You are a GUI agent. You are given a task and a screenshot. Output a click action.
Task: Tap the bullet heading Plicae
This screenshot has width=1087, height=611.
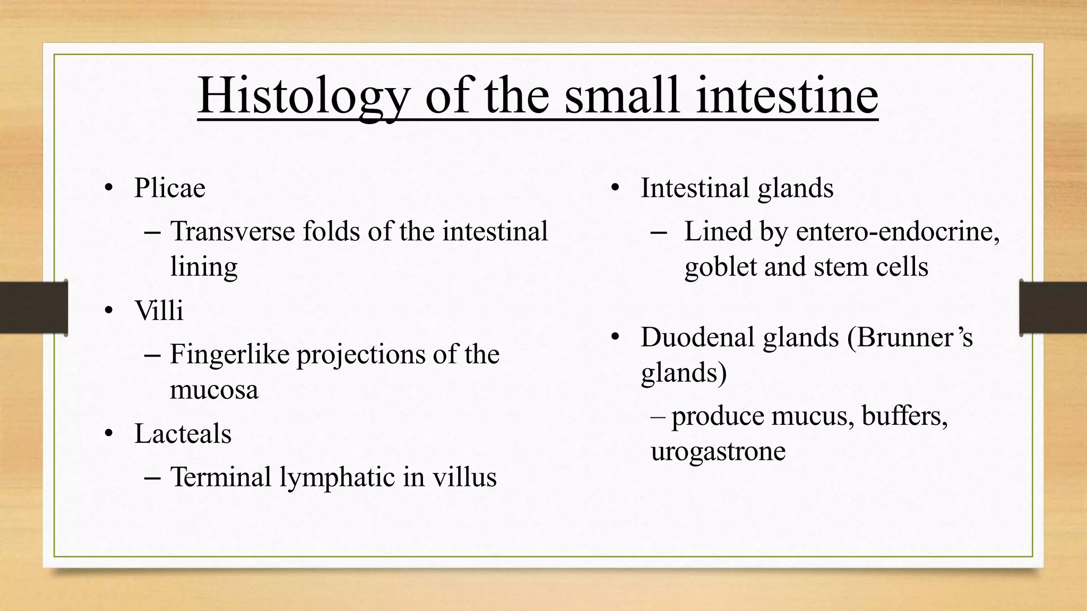tap(169, 188)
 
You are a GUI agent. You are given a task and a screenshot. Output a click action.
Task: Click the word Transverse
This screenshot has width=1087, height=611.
tap(232, 232)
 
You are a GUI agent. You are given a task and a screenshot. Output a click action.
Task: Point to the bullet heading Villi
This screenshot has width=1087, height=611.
tap(159, 311)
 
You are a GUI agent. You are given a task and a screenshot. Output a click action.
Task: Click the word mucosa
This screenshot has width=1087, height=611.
tap(214, 390)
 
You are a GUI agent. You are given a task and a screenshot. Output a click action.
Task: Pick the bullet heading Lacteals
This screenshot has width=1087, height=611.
tap(183, 434)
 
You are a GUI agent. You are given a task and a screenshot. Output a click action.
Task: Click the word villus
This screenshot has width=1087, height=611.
tap(464, 477)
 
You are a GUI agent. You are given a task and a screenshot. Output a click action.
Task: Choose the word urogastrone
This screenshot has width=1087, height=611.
tap(718, 451)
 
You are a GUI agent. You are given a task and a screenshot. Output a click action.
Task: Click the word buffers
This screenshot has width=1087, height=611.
tap(904, 416)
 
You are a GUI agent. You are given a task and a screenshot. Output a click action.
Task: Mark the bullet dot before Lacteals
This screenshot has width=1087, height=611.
tap(109, 434)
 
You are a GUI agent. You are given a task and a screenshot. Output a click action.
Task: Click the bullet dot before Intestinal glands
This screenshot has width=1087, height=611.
tap(615, 188)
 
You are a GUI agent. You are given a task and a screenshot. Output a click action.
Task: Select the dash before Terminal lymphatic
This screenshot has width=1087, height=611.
tap(152, 477)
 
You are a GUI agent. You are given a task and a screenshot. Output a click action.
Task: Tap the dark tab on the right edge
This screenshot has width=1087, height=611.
tap(1053, 308)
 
